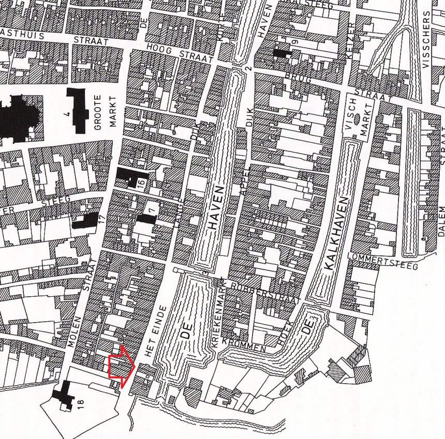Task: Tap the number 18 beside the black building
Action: pos(81,404)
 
